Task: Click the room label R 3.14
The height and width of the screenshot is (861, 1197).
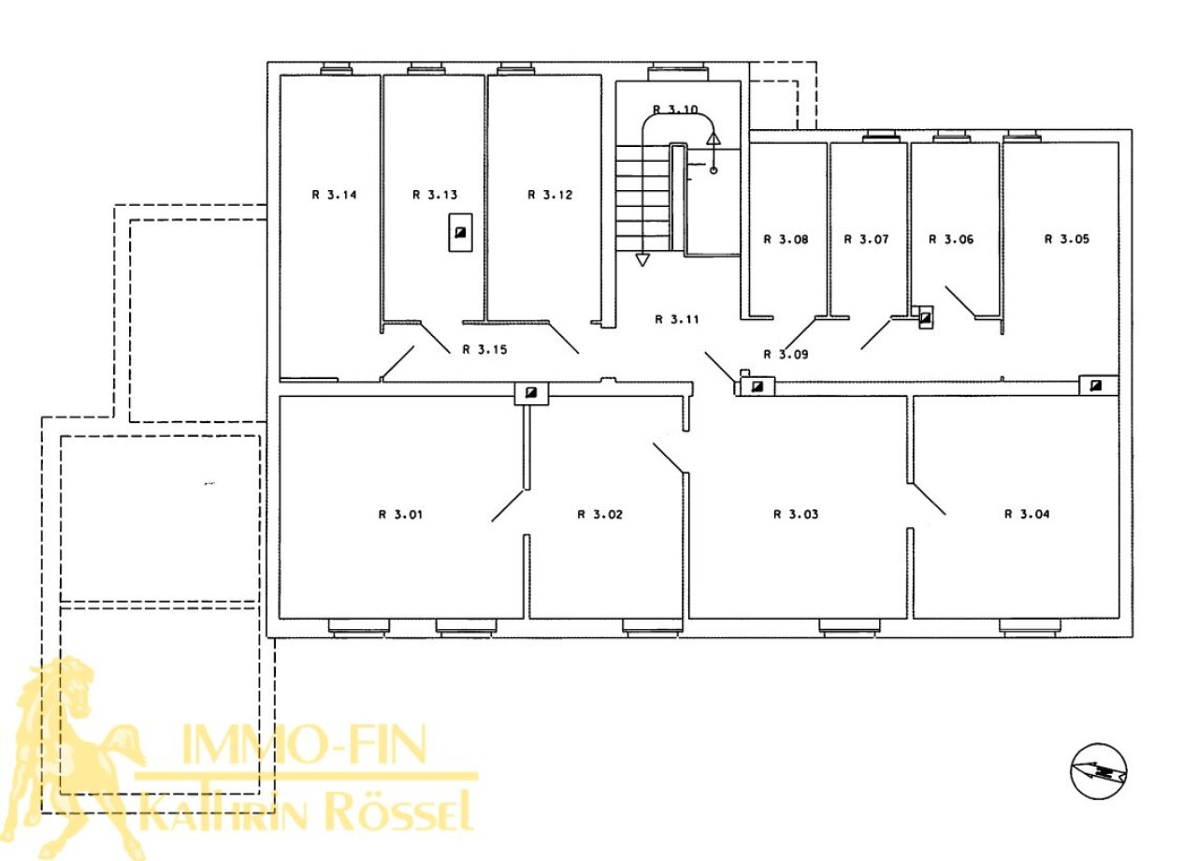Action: tap(334, 195)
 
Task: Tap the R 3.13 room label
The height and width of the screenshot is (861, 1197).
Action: tap(435, 195)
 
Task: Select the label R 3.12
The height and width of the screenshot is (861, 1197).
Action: tap(550, 195)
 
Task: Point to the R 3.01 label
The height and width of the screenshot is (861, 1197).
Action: tap(400, 515)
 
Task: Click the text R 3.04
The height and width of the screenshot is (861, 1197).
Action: tap(1027, 514)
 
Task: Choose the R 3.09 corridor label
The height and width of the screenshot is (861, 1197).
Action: tap(786, 354)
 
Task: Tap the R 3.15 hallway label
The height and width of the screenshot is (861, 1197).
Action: tap(484, 349)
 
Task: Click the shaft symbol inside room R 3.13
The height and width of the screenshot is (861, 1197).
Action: tap(460, 232)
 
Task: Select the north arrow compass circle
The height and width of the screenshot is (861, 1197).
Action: tap(1099, 772)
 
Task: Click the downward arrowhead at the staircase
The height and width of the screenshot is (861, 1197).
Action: tap(642, 260)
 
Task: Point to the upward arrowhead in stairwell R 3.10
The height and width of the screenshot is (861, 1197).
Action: tap(714, 139)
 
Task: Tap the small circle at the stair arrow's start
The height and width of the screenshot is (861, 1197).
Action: tap(714, 170)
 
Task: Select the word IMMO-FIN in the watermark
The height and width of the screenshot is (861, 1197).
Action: tap(305, 743)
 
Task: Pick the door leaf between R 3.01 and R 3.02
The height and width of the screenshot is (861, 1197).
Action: tap(507, 505)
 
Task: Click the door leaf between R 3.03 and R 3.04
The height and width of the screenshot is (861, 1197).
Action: tap(929, 499)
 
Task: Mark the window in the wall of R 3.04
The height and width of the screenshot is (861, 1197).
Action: tap(1030, 627)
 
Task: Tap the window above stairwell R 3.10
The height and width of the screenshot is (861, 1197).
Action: tap(678, 73)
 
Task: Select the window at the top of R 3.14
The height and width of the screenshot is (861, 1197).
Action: tap(336, 69)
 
